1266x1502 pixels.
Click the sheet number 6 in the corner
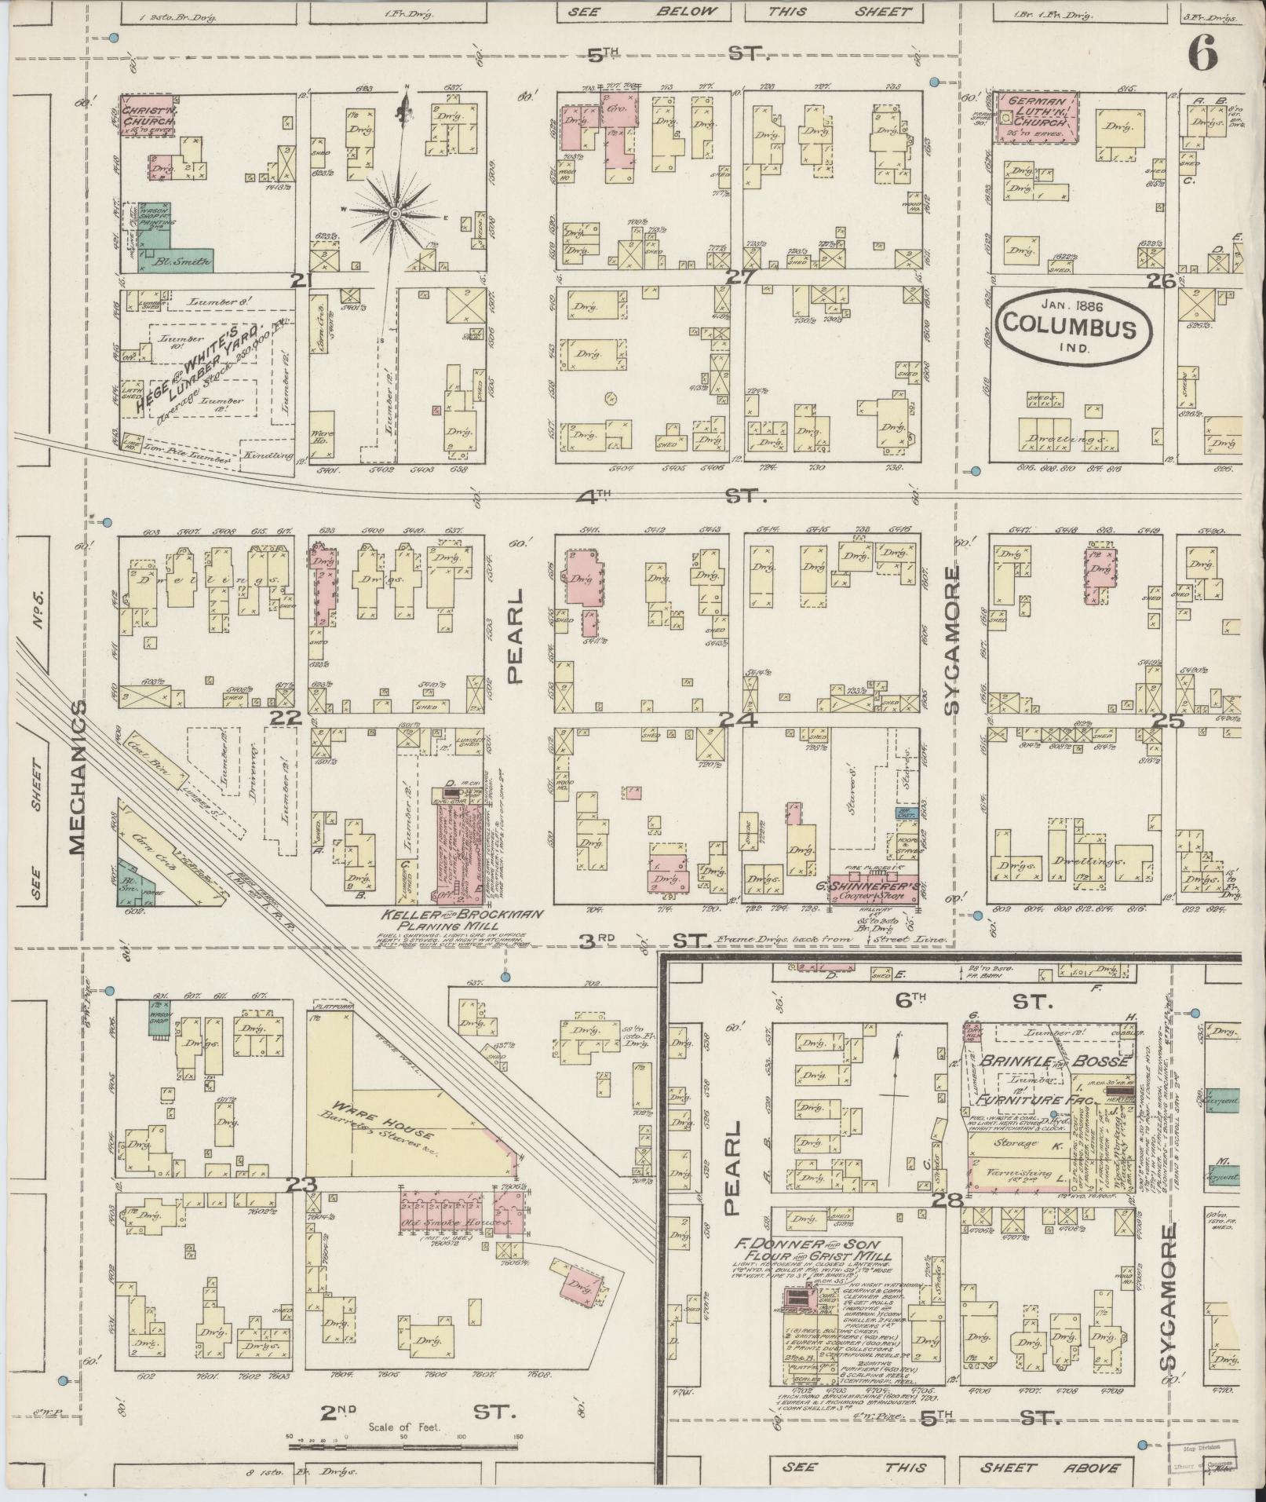(x=1202, y=54)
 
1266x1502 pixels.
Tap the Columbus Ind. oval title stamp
(x=1073, y=329)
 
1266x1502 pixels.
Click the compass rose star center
(x=395, y=213)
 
